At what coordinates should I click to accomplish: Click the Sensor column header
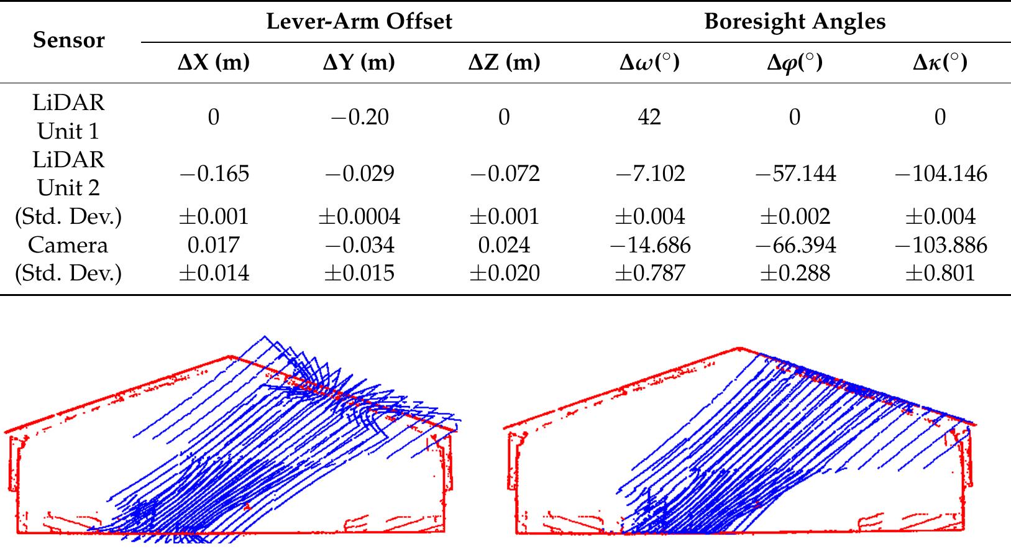tap(68, 40)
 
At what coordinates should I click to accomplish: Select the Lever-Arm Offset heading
tap(359, 22)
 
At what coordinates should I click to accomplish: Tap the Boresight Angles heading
tap(794, 22)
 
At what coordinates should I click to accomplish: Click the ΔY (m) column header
tap(359, 63)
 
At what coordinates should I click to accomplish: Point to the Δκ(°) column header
tap(940, 63)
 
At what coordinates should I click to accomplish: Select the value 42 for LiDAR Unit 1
tap(649, 117)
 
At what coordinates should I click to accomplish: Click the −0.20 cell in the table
tap(359, 117)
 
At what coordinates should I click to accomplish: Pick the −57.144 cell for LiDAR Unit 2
tap(795, 173)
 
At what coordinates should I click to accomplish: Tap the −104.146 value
tap(940, 173)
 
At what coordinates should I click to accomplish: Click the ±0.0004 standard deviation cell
tap(359, 216)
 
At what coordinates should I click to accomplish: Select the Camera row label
tap(68, 245)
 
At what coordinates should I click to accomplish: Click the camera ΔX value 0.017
tap(213, 245)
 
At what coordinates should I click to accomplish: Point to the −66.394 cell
tap(795, 245)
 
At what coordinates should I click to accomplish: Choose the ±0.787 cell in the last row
tap(649, 274)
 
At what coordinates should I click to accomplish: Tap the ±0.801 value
tap(940, 274)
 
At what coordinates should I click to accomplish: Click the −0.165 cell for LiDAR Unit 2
tap(214, 173)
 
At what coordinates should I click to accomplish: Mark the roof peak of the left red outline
tap(230, 357)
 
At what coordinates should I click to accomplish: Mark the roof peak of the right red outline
tap(739, 348)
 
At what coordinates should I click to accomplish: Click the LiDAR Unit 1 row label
tap(68, 117)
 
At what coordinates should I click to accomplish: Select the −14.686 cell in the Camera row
tap(649, 245)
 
